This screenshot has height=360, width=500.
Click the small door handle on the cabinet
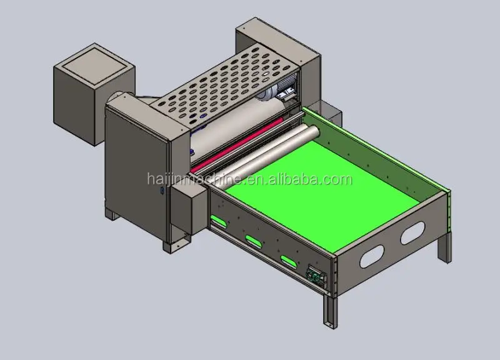[161, 191]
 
